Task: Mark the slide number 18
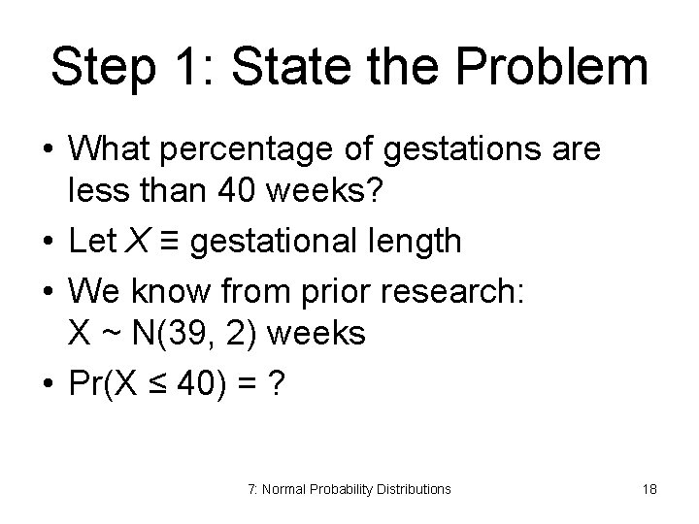[649, 489]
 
